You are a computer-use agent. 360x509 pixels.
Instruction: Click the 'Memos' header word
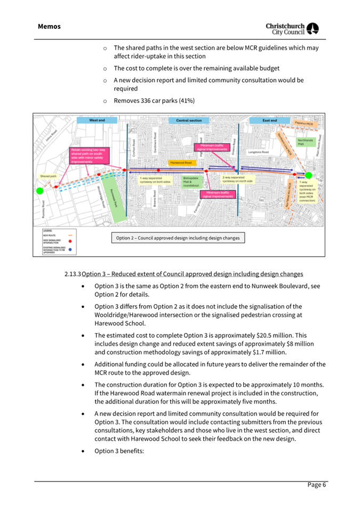(x=49, y=26)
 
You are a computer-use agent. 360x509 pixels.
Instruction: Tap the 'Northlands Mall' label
(x=305, y=142)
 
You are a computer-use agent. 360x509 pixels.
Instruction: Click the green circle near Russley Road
(x=39, y=190)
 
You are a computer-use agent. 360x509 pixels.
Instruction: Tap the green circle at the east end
(x=308, y=175)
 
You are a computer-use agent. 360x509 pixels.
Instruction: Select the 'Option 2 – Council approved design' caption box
(x=178, y=238)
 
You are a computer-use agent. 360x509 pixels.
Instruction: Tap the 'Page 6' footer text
(x=316, y=484)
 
